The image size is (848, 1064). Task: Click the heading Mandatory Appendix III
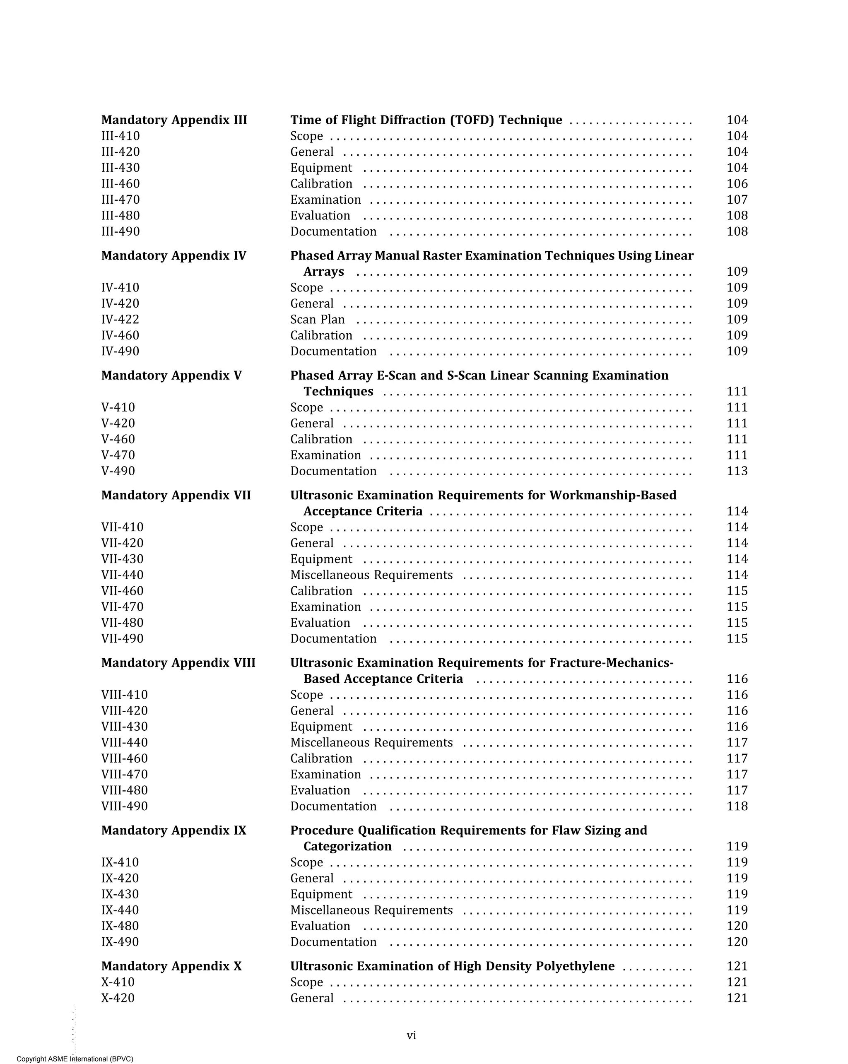[174, 120]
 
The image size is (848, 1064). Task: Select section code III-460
[120, 183]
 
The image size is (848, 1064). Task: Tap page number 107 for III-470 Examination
[737, 200]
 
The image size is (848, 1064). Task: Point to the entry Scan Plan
[318, 319]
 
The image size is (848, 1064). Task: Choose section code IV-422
[120, 319]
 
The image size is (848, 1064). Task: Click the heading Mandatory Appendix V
[171, 376]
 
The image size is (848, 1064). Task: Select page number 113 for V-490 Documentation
[737, 471]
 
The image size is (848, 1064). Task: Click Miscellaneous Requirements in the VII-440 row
[371, 575]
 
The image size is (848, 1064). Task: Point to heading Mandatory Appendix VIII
[178, 663]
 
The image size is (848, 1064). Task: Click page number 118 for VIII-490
[737, 806]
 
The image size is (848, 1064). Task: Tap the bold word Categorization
[347, 846]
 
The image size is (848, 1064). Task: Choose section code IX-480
[120, 926]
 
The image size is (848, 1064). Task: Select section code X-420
[118, 998]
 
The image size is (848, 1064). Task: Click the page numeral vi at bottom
[411, 1035]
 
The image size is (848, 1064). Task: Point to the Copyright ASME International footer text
[75, 1059]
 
